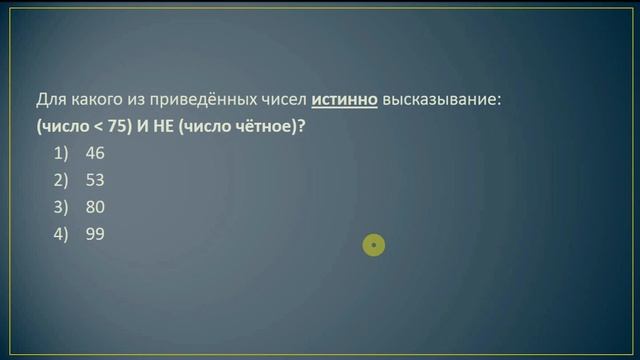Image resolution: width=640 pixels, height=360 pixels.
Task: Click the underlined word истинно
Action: click(x=343, y=101)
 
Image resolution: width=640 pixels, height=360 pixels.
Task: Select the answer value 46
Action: click(x=95, y=154)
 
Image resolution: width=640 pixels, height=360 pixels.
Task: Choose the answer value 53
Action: click(x=95, y=181)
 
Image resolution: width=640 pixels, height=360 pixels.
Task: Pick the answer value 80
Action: click(x=95, y=208)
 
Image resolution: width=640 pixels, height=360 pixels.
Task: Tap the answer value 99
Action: click(x=95, y=234)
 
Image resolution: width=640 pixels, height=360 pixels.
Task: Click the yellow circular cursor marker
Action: click(x=374, y=244)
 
